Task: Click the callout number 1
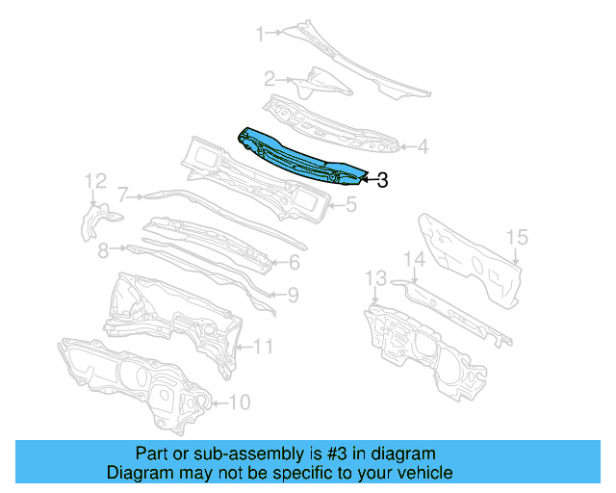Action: (x=259, y=35)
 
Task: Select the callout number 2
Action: (x=270, y=79)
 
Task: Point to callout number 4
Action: (x=423, y=147)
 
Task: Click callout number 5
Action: (x=351, y=204)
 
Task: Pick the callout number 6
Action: (x=295, y=262)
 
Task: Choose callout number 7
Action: (x=122, y=194)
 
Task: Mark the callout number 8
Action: (x=103, y=249)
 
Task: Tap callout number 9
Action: (x=293, y=296)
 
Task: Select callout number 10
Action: (x=241, y=402)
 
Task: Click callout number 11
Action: (x=264, y=346)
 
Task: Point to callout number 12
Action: (x=94, y=181)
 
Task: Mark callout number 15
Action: (x=517, y=237)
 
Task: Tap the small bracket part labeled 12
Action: (x=94, y=220)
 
